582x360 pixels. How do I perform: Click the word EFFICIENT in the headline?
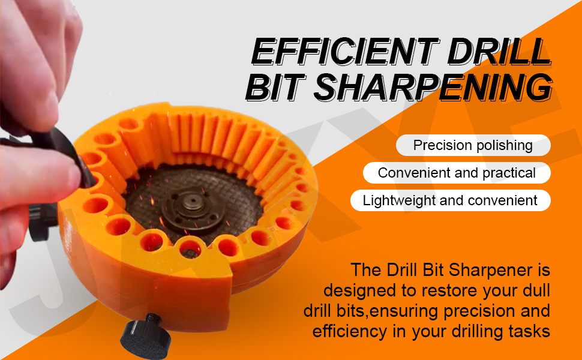(x=344, y=52)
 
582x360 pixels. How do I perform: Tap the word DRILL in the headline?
(x=499, y=52)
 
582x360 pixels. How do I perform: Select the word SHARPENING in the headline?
(x=433, y=87)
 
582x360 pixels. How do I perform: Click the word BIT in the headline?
(x=275, y=87)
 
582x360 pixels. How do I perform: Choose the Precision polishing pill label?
(x=473, y=145)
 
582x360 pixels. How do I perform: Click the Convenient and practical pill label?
(x=457, y=173)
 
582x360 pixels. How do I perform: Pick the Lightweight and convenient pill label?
(x=450, y=200)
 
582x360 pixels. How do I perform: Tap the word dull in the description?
(x=535, y=290)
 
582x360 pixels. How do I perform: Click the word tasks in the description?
(x=529, y=331)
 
